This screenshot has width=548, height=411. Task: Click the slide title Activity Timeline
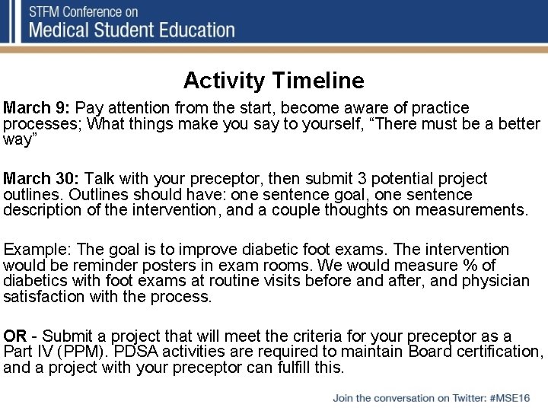[273, 80]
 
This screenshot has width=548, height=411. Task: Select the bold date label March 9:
[37, 108]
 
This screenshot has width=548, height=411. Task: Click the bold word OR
[15, 336]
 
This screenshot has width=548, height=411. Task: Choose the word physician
[494, 281]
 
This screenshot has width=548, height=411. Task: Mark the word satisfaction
[41, 297]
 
